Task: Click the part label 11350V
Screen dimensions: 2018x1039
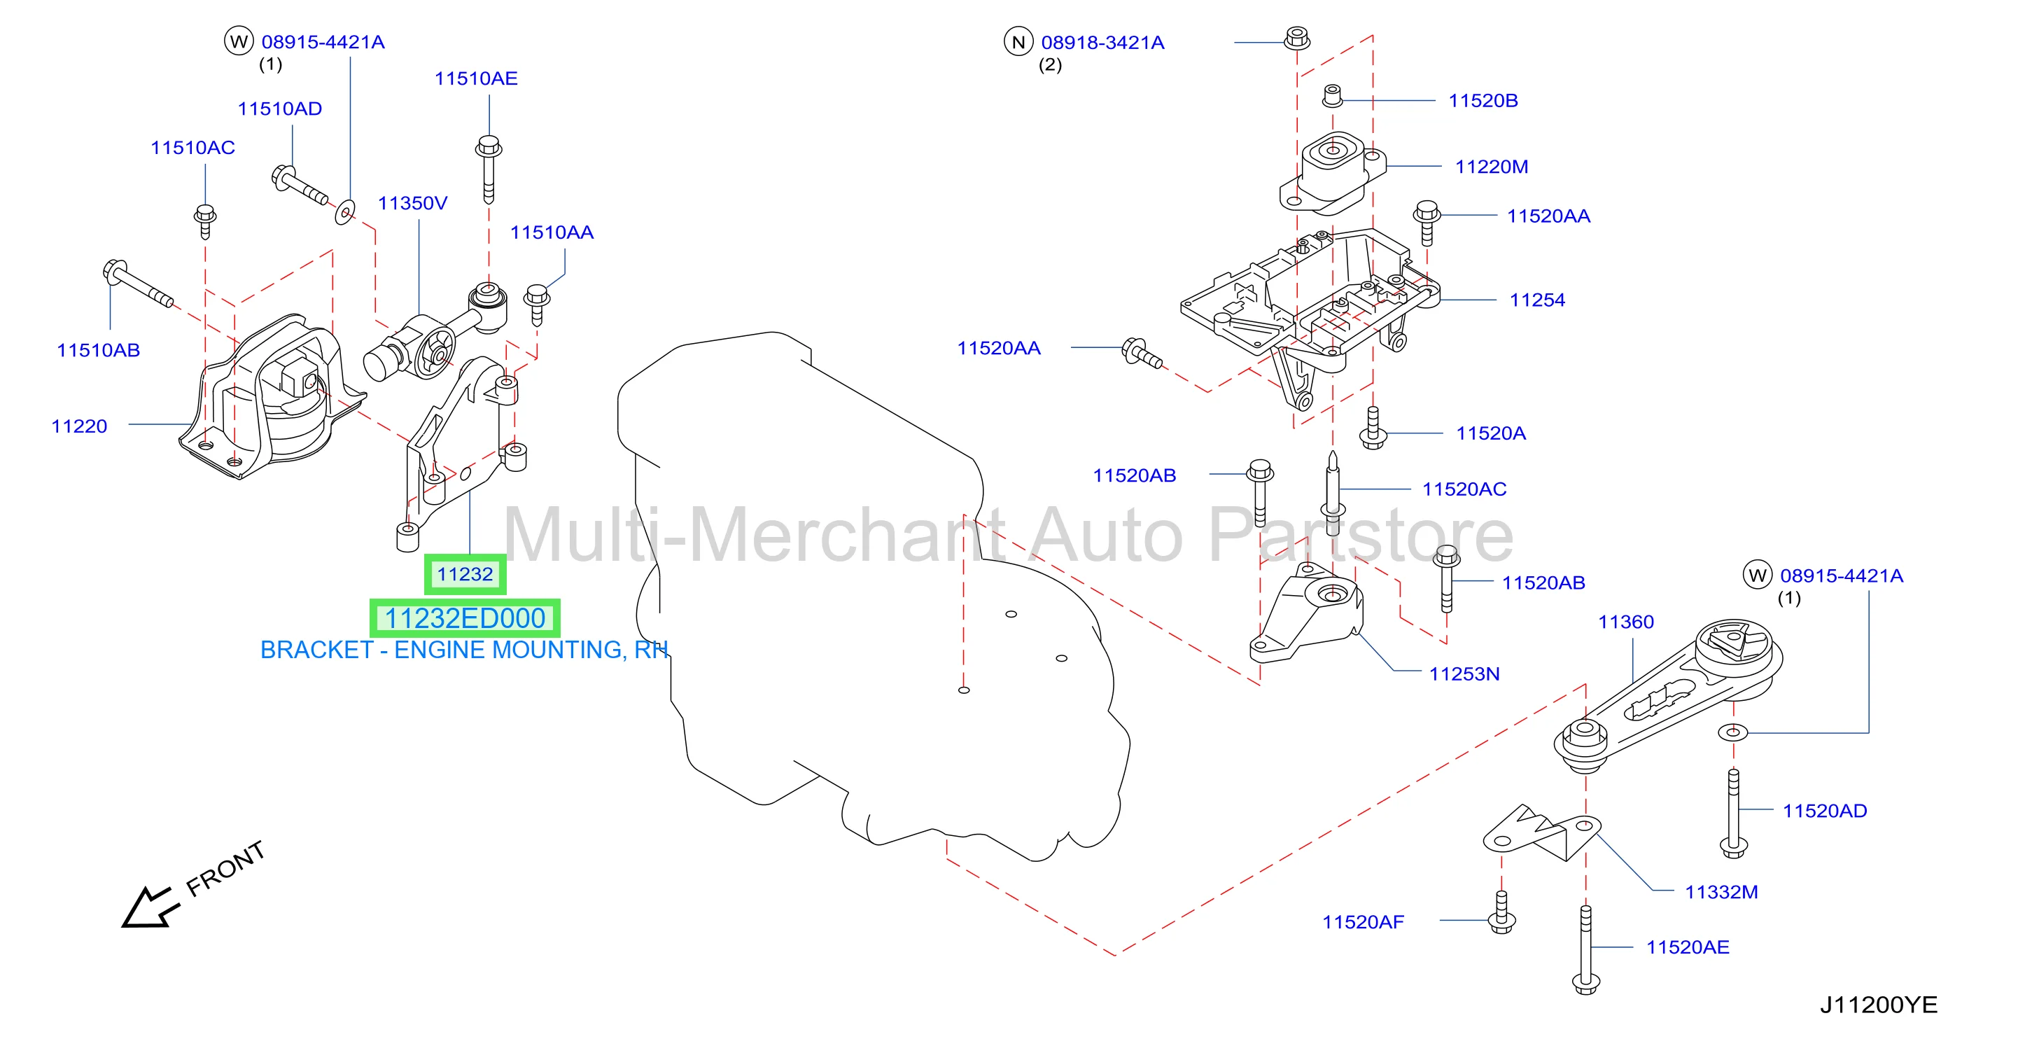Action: coord(412,203)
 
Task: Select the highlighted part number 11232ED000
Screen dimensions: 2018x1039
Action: coord(465,618)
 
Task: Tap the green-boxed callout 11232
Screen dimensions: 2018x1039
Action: coord(465,574)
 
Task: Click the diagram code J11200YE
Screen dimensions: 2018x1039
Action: coord(1878,1005)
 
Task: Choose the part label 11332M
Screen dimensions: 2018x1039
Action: coord(1721,892)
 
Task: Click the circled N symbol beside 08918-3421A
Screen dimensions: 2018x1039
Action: coord(1018,41)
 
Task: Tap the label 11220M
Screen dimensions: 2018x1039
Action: coord(1491,167)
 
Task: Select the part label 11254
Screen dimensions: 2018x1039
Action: coord(1537,300)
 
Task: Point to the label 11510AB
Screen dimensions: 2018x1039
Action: coord(98,350)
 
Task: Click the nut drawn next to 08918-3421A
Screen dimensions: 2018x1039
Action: coord(1296,38)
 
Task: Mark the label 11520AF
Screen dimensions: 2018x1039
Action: coord(1363,922)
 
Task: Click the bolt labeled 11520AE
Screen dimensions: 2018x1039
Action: coord(1585,949)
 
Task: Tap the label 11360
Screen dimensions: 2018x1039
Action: coord(1625,622)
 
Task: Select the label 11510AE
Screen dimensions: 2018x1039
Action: coord(476,78)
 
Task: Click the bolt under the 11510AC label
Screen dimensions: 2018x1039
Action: coord(204,221)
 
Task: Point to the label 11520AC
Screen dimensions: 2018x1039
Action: coord(1464,489)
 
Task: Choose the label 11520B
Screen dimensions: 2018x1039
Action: coord(1483,100)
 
